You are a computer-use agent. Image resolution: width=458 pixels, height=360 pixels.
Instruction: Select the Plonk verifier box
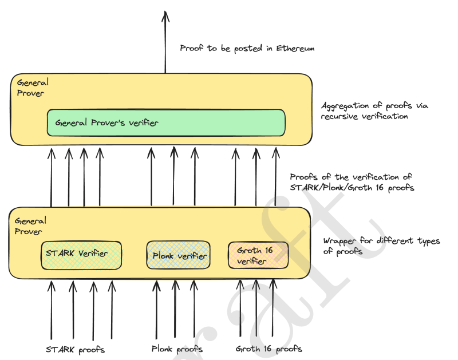point(178,255)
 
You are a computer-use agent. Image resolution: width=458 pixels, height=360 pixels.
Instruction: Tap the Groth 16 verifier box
point(258,255)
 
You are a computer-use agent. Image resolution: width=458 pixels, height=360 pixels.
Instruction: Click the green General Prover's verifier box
point(165,122)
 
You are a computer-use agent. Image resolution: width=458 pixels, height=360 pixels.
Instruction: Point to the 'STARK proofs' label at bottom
point(75,349)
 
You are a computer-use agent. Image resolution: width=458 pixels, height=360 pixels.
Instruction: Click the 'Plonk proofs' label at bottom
point(177,349)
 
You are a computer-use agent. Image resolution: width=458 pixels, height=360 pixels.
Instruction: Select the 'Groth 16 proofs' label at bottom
point(269,349)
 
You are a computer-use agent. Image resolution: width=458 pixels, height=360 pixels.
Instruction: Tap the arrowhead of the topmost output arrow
point(165,15)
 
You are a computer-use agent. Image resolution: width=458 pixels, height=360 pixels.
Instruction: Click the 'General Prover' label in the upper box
point(33,88)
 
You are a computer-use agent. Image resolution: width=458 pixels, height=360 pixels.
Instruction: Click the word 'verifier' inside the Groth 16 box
point(252,262)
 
